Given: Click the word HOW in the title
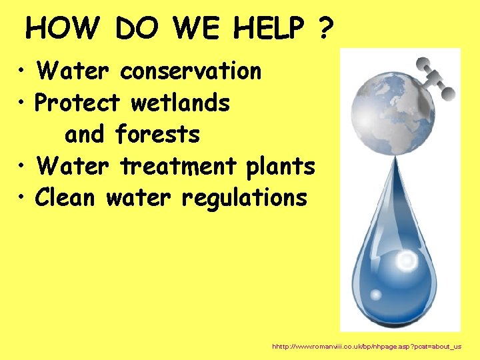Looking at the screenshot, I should pos(62,29).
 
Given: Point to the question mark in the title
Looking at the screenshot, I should pos(325,29).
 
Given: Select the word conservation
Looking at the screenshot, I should pos(191,71).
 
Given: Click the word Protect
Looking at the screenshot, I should pos(77,103).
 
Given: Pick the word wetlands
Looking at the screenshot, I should pos(181,103).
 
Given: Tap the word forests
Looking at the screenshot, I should pos(157,135).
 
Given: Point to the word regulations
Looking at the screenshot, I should pos(243,198).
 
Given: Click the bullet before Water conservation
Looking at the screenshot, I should pos(23,71).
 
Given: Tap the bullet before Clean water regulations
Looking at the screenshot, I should pos(23,198).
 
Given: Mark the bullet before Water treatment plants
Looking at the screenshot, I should pos(23,167).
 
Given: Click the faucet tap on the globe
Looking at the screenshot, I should pos(427,73).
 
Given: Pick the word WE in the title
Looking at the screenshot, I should pos(197,29).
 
